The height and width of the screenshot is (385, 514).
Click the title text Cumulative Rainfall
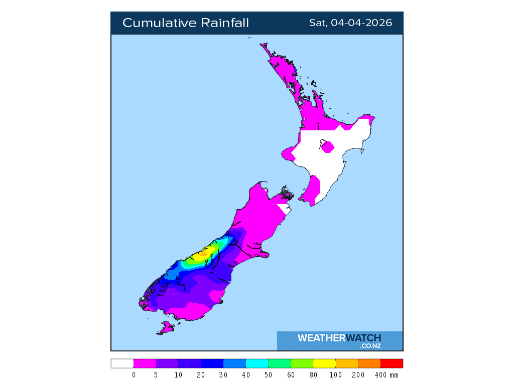(x=185, y=23)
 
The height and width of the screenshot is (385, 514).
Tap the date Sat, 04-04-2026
(x=350, y=23)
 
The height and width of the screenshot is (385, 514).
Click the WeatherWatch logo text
(x=339, y=338)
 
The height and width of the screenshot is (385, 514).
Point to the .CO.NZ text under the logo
(x=370, y=346)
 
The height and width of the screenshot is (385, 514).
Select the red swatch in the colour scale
(x=392, y=363)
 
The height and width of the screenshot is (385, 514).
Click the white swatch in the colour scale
(x=122, y=363)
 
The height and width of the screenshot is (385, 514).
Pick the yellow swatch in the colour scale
(x=324, y=363)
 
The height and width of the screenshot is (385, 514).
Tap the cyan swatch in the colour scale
(x=256, y=363)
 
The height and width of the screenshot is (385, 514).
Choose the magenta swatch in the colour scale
(x=145, y=363)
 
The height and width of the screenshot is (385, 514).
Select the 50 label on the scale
(x=268, y=375)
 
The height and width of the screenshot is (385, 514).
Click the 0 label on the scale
(x=134, y=375)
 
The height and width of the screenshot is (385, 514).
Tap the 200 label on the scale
(x=358, y=375)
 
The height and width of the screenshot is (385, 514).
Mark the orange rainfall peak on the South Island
(x=203, y=254)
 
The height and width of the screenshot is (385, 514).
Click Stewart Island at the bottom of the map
(x=165, y=328)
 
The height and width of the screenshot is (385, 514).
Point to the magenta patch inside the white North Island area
(x=328, y=147)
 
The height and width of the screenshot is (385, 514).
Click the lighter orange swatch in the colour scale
(x=346, y=363)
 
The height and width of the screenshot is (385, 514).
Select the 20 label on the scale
(x=201, y=375)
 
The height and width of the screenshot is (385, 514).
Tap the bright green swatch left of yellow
(x=302, y=363)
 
